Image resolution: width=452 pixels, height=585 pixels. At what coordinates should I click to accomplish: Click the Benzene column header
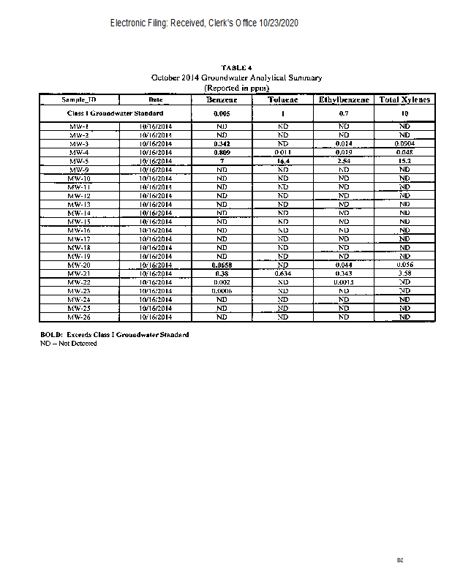(x=221, y=99)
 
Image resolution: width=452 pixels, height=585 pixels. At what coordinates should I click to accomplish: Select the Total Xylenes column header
(x=404, y=99)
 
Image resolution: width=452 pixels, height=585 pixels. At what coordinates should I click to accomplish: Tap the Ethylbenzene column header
(x=343, y=99)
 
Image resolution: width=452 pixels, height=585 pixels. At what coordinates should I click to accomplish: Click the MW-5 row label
(x=78, y=161)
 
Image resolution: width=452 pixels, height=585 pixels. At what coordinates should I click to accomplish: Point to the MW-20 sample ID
(x=78, y=265)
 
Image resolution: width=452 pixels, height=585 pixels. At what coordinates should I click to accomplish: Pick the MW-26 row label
(x=78, y=317)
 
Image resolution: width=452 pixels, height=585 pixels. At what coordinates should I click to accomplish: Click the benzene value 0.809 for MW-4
(x=221, y=152)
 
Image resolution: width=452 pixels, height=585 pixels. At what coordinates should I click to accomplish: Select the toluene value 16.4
(x=282, y=161)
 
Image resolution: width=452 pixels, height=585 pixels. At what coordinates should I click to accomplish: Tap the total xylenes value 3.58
(x=404, y=273)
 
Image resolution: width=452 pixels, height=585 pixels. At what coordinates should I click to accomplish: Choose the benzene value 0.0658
(x=221, y=265)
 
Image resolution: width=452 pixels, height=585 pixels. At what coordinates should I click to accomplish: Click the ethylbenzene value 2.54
(x=343, y=161)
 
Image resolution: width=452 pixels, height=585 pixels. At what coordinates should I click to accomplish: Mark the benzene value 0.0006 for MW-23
(x=221, y=291)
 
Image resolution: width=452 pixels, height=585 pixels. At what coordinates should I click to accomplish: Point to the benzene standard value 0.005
(x=221, y=114)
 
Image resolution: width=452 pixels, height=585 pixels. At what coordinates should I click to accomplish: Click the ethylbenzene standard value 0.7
(x=343, y=114)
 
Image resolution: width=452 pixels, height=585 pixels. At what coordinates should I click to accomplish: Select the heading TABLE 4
(x=236, y=68)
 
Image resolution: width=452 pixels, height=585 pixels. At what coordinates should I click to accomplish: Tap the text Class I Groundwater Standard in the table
(x=115, y=113)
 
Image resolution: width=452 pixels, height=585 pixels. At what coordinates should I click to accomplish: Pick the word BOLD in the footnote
(x=50, y=334)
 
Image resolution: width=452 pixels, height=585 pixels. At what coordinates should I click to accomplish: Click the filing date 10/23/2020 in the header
(x=279, y=23)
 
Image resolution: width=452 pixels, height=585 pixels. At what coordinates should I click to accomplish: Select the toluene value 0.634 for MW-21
(x=282, y=273)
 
